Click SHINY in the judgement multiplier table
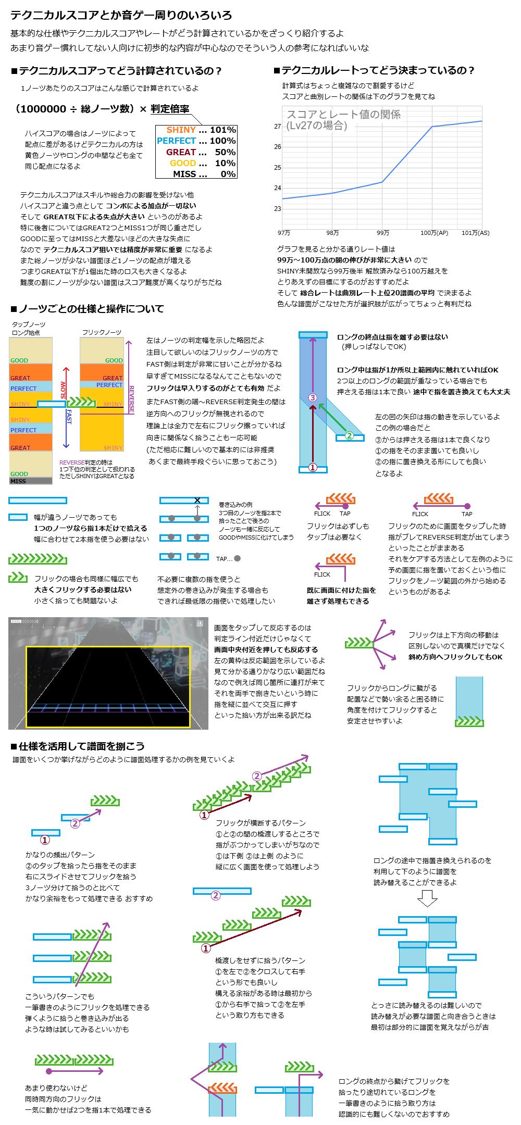(181, 130)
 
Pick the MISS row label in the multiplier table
(184, 174)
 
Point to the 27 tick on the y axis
(277, 127)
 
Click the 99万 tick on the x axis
(382, 233)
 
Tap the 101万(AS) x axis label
(475, 233)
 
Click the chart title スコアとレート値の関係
(344, 115)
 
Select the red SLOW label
(64, 389)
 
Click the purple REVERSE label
(131, 400)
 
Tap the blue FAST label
(68, 417)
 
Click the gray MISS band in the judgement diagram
(31, 481)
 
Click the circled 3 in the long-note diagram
(313, 397)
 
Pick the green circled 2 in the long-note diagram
(350, 435)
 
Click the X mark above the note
(197, 501)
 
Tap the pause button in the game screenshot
(200, 622)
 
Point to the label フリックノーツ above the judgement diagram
(102, 332)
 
